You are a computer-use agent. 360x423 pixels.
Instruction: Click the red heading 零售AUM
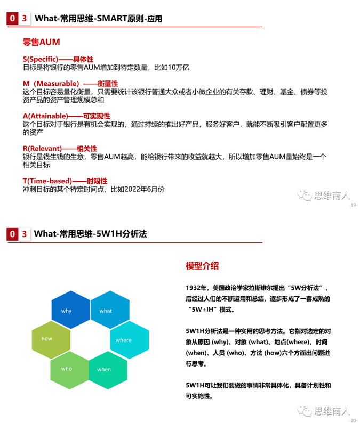(42, 42)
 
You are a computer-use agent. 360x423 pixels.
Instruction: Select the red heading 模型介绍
(202, 266)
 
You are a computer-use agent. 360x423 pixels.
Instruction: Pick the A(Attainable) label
(45, 116)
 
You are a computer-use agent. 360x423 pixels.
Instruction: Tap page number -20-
(353, 420)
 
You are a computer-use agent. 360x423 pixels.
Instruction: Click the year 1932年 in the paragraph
(196, 288)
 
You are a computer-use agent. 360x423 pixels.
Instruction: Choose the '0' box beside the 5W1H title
(11, 234)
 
